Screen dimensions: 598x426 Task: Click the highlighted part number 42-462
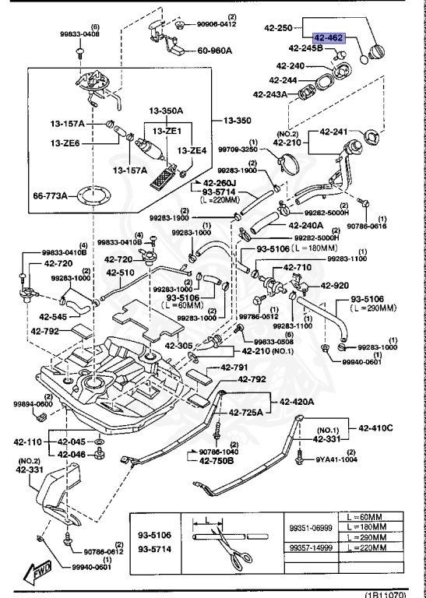[x=328, y=37]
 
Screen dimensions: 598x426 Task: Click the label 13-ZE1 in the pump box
[x=167, y=132]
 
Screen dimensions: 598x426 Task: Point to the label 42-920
[x=336, y=286]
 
